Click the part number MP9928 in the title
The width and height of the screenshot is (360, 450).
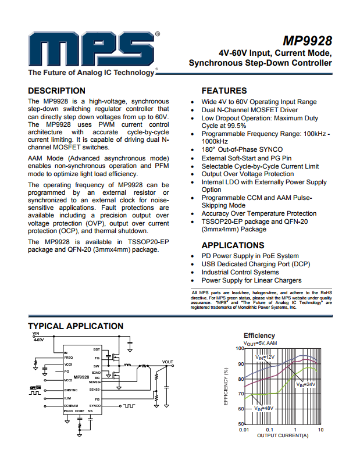point(307,41)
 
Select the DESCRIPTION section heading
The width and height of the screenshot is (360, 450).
point(57,91)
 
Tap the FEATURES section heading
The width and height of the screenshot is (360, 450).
point(224,91)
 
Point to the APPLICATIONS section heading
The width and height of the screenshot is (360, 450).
point(233,245)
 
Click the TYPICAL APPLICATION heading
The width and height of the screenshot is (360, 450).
point(76,326)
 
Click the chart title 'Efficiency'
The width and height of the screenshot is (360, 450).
point(259,336)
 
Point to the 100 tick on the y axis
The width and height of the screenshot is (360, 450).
point(239,348)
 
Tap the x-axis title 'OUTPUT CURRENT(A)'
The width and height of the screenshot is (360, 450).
point(283,435)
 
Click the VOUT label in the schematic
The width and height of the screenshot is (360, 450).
point(167,362)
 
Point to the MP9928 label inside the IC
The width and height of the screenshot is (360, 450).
point(81,377)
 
